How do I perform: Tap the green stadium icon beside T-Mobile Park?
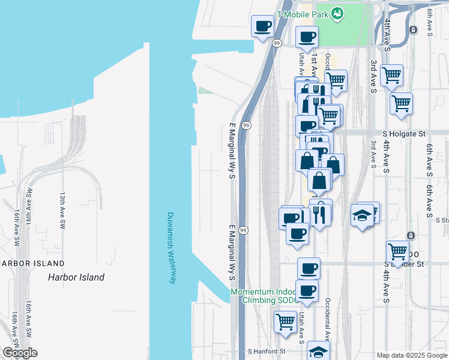337,13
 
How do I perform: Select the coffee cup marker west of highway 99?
262,26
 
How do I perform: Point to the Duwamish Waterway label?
170,248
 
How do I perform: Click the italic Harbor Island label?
76,277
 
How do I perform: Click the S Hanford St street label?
267,351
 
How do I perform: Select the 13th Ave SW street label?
62,210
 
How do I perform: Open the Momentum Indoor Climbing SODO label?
269,296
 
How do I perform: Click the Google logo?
20,353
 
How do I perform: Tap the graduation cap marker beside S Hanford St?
319,352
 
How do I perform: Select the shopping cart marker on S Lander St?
397,250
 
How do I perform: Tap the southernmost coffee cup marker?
308,291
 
